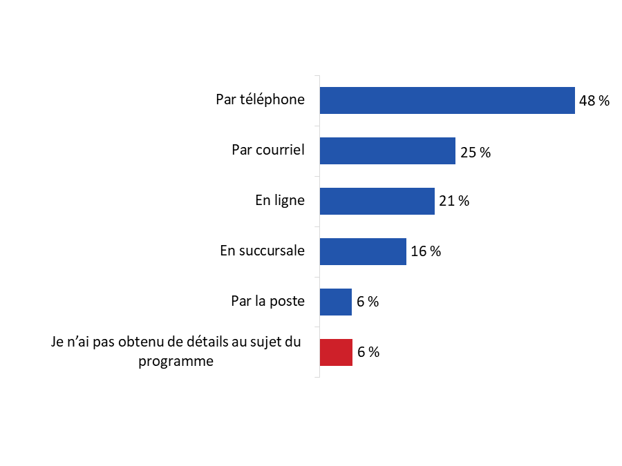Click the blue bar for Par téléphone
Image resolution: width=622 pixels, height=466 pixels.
tap(447, 100)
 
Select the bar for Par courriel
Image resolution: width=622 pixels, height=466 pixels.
tap(387, 151)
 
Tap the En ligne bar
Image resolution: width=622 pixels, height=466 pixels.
tap(377, 201)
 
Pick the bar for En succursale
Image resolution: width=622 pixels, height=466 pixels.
tap(363, 251)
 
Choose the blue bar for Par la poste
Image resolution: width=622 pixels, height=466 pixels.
tap(336, 302)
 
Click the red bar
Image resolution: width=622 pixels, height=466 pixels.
tap(336, 352)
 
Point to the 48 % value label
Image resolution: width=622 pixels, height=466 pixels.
tap(594, 101)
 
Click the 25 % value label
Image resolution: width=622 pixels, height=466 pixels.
tap(475, 153)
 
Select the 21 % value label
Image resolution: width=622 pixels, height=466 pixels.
tap(454, 202)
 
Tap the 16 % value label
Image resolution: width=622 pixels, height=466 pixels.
tap(426, 251)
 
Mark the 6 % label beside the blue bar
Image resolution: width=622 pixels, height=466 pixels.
tap(368, 302)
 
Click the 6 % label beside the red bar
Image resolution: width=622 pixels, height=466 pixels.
tap(368, 352)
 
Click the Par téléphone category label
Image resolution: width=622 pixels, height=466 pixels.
tap(260, 99)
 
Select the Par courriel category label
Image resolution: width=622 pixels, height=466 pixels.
tap(268, 149)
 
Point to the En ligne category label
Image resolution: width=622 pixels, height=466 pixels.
tap(280, 200)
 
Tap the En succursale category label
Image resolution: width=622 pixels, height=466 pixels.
tap(262, 251)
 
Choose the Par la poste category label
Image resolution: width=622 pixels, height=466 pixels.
tap(267, 301)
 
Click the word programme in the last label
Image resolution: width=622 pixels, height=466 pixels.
tap(176, 360)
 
